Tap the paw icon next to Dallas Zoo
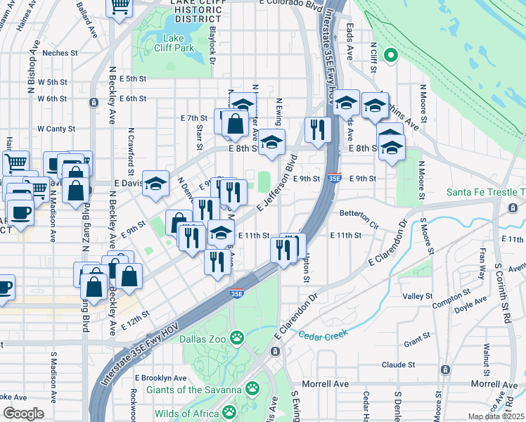coord(238,337)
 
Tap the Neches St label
coord(59,53)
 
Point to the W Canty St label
coord(56,129)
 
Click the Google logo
coord(23,414)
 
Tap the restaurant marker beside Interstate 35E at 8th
coord(318,129)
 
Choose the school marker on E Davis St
coord(156,184)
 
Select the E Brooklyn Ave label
coord(158,378)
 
